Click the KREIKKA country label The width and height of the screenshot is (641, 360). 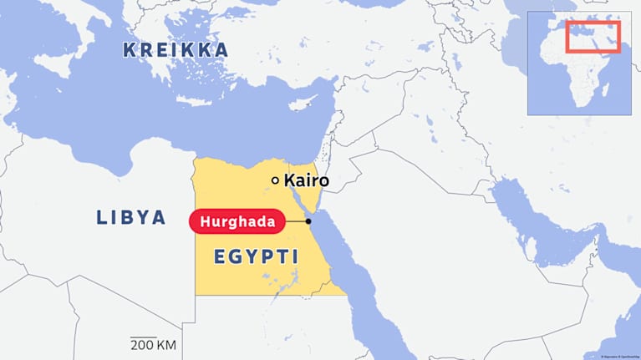click(176, 50)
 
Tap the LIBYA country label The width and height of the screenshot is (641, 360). click(131, 218)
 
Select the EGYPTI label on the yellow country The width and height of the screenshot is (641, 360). click(256, 257)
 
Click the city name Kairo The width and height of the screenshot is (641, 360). click(306, 180)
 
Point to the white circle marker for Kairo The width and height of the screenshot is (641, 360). click(275, 180)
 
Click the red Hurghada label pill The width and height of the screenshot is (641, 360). click(237, 221)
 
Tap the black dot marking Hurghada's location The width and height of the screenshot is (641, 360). click(308, 221)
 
